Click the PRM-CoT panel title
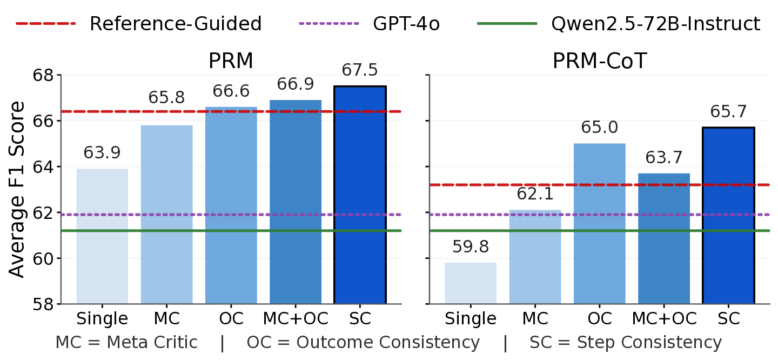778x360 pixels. click(x=599, y=62)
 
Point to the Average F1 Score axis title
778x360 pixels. click(x=17, y=189)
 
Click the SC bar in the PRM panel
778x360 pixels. click(x=360, y=195)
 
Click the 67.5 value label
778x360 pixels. click(x=360, y=70)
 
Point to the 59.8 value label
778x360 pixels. click(x=471, y=247)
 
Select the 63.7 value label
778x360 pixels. click(x=663, y=158)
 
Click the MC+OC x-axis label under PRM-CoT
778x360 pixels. click(x=663, y=319)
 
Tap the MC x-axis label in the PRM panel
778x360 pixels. click(x=166, y=319)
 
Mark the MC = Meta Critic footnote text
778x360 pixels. click(x=126, y=343)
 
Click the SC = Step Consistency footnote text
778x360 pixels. click(x=626, y=343)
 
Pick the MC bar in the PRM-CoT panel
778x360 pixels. click(x=535, y=257)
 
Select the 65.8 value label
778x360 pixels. click(x=166, y=98)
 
